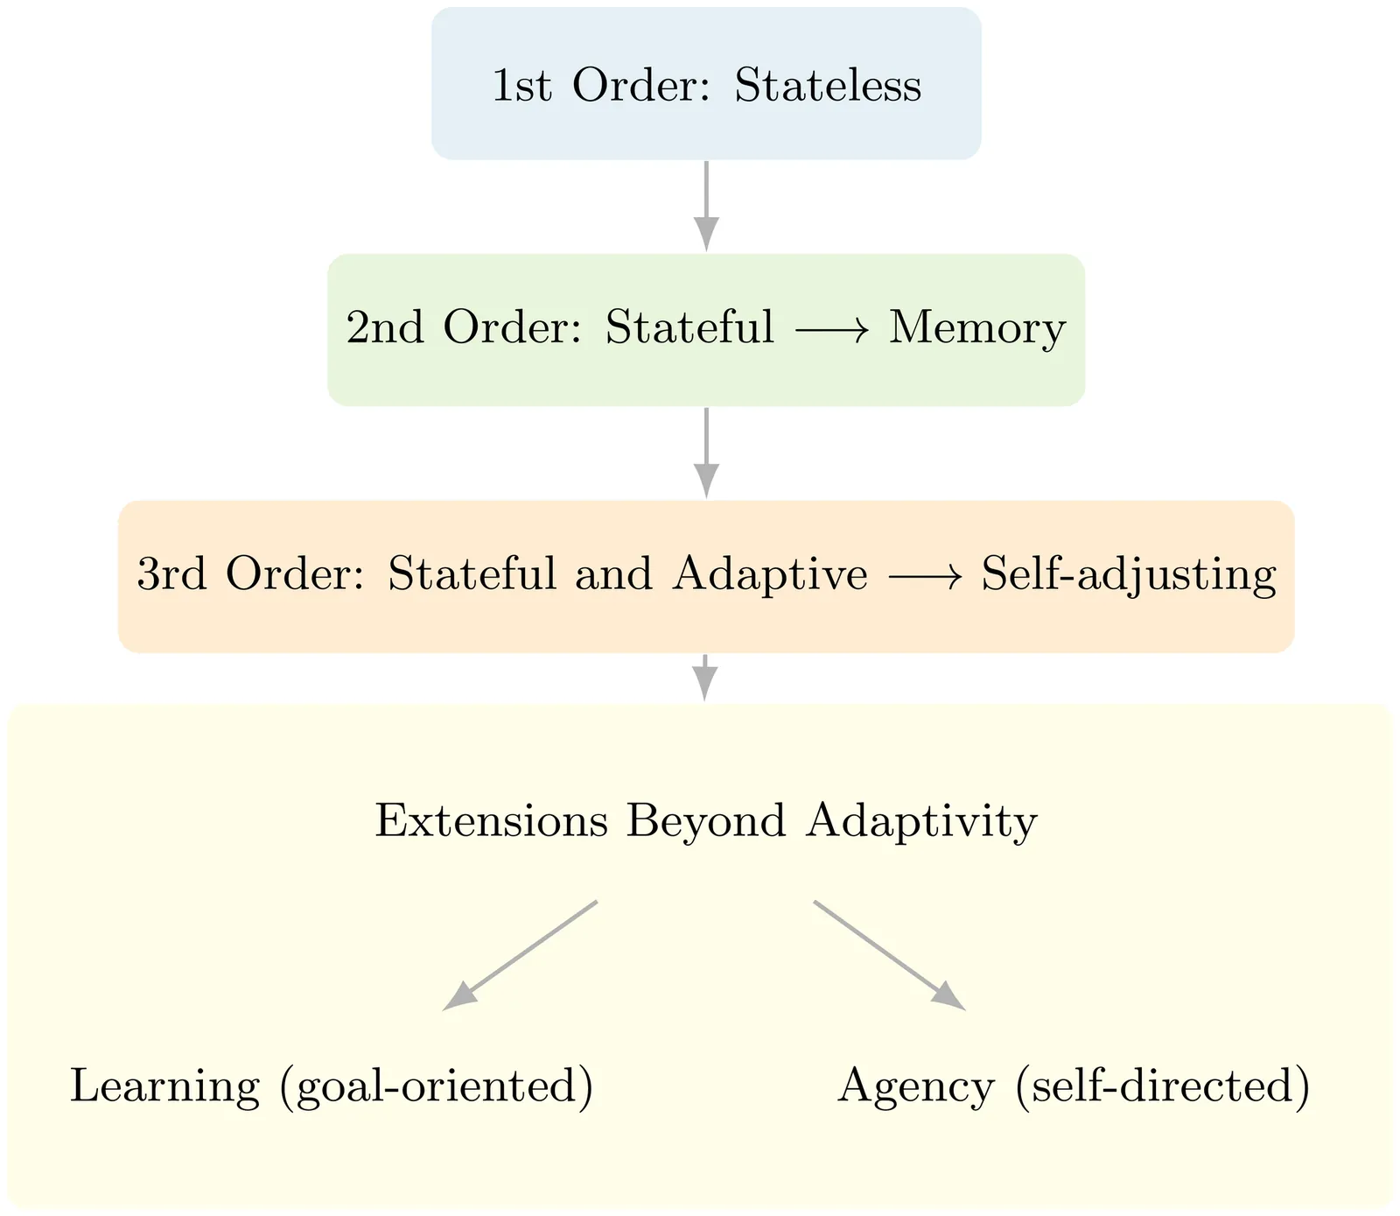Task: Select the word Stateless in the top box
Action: [828, 86]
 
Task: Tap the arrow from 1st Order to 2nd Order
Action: [706, 206]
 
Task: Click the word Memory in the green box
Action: [977, 329]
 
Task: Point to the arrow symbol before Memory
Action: [831, 330]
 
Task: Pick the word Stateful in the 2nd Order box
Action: [689, 328]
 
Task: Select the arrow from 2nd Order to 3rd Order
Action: [706, 453]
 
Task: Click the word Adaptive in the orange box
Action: [770, 575]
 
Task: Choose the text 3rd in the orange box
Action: [171, 575]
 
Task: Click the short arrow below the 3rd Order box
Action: [705, 678]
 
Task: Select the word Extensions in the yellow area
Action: [491, 822]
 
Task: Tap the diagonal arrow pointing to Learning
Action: [521, 955]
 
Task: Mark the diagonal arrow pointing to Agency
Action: [889, 955]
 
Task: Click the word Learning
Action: [164, 1087]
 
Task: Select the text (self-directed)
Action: [1163, 1087]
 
